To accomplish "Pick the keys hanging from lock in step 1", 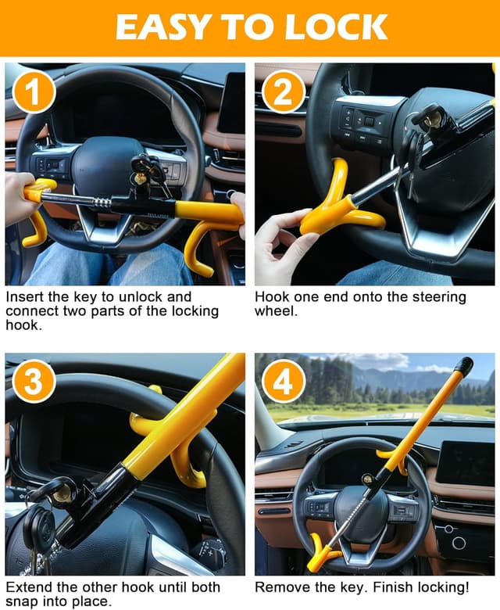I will pyautogui.click(x=148, y=174).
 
